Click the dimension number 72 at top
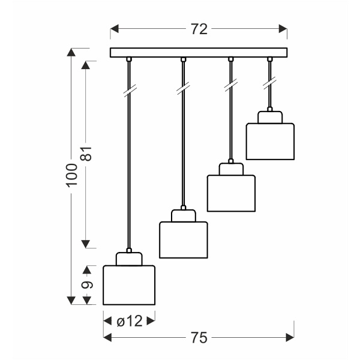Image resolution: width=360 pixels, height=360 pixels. pos(199,29)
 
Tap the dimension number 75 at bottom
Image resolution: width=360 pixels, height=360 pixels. pos(199,338)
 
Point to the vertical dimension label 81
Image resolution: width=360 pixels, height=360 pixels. pos(88,154)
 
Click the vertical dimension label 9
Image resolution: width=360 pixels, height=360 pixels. pos(88,286)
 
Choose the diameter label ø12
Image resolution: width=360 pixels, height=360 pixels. pos(129,321)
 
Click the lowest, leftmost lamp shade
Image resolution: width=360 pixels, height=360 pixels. pos(129,286)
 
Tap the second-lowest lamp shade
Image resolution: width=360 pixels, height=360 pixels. pos(183,240)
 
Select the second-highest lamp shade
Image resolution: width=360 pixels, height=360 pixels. pos(231,193)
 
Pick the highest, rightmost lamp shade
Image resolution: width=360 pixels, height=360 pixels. pos(270,142)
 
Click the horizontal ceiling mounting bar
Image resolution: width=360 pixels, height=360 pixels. pos(199,52)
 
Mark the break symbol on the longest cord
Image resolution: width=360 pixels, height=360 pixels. pos(128,91)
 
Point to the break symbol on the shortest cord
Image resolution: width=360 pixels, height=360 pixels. pos(269,83)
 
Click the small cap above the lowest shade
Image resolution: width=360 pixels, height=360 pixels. pos(129,259)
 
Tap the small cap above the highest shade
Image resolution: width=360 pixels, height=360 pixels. pos(270,116)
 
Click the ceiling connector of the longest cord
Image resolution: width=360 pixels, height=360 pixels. pos(128,59)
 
